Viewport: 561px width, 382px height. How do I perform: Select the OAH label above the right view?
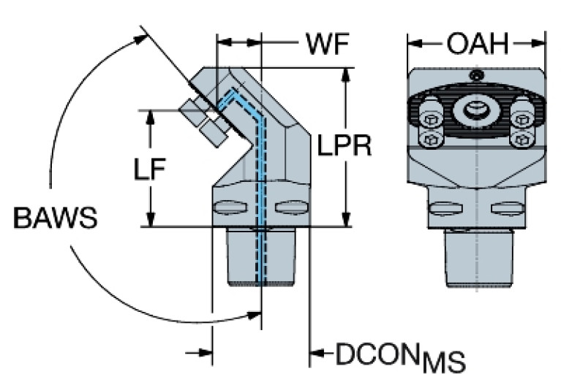click(x=478, y=44)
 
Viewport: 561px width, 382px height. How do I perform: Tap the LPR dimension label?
click(x=344, y=146)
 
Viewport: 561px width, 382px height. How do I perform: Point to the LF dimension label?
click(x=150, y=169)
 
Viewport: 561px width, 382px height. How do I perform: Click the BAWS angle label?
click(x=55, y=218)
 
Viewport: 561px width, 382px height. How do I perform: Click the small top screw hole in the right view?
click(x=476, y=76)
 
